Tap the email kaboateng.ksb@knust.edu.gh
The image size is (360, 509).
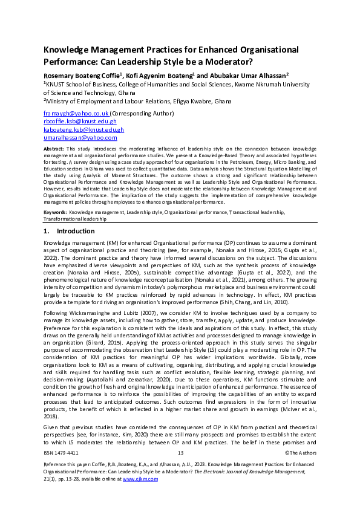click(83, 129)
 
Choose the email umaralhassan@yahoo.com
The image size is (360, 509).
click(80, 138)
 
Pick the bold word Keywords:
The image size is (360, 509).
click(56, 213)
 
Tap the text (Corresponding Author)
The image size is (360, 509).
click(141, 113)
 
